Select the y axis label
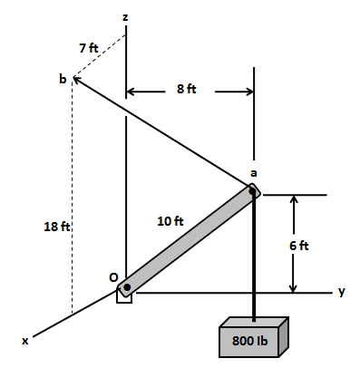point(342,292)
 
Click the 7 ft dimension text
point(88,46)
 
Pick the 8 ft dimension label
point(189,89)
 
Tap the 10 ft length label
point(170,220)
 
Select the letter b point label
point(63,80)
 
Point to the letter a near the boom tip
point(254,173)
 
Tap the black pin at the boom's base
point(127,287)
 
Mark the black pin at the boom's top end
point(252,191)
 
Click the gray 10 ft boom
point(190,239)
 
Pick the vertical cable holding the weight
point(254,263)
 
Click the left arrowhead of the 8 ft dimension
point(131,92)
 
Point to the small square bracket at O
point(124,297)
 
